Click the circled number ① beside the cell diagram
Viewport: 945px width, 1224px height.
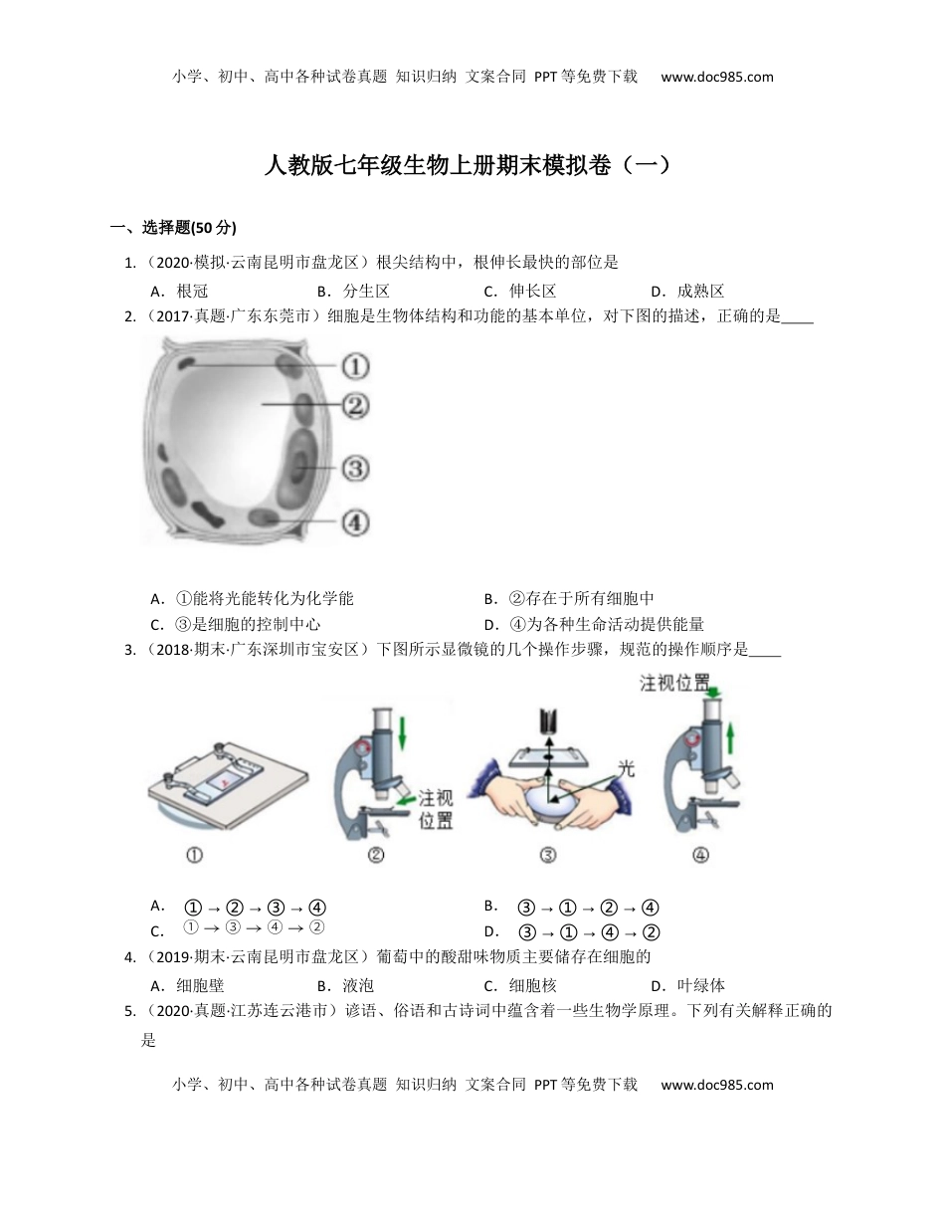(355, 366)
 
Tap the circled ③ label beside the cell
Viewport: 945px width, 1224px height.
(355, 468)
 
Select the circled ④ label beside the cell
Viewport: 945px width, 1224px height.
(355, 521)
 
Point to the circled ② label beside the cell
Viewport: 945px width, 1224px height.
(355, 405)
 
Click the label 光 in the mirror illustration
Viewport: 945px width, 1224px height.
(626, 768)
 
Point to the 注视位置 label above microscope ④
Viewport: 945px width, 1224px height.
(674, 684)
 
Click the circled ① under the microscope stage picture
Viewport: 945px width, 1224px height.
(195, 854)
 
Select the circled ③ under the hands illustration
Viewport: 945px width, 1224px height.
(547, 854)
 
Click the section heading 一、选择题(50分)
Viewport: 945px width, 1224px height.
(173, 228)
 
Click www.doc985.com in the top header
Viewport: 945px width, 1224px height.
(716, 77)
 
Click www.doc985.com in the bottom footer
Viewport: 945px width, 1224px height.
(716, 1085)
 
